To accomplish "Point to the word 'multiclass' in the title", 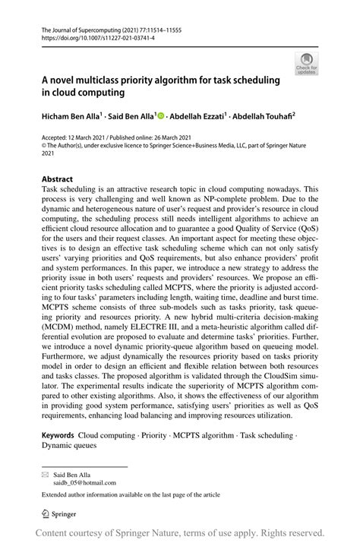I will click(x=103, y=80).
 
